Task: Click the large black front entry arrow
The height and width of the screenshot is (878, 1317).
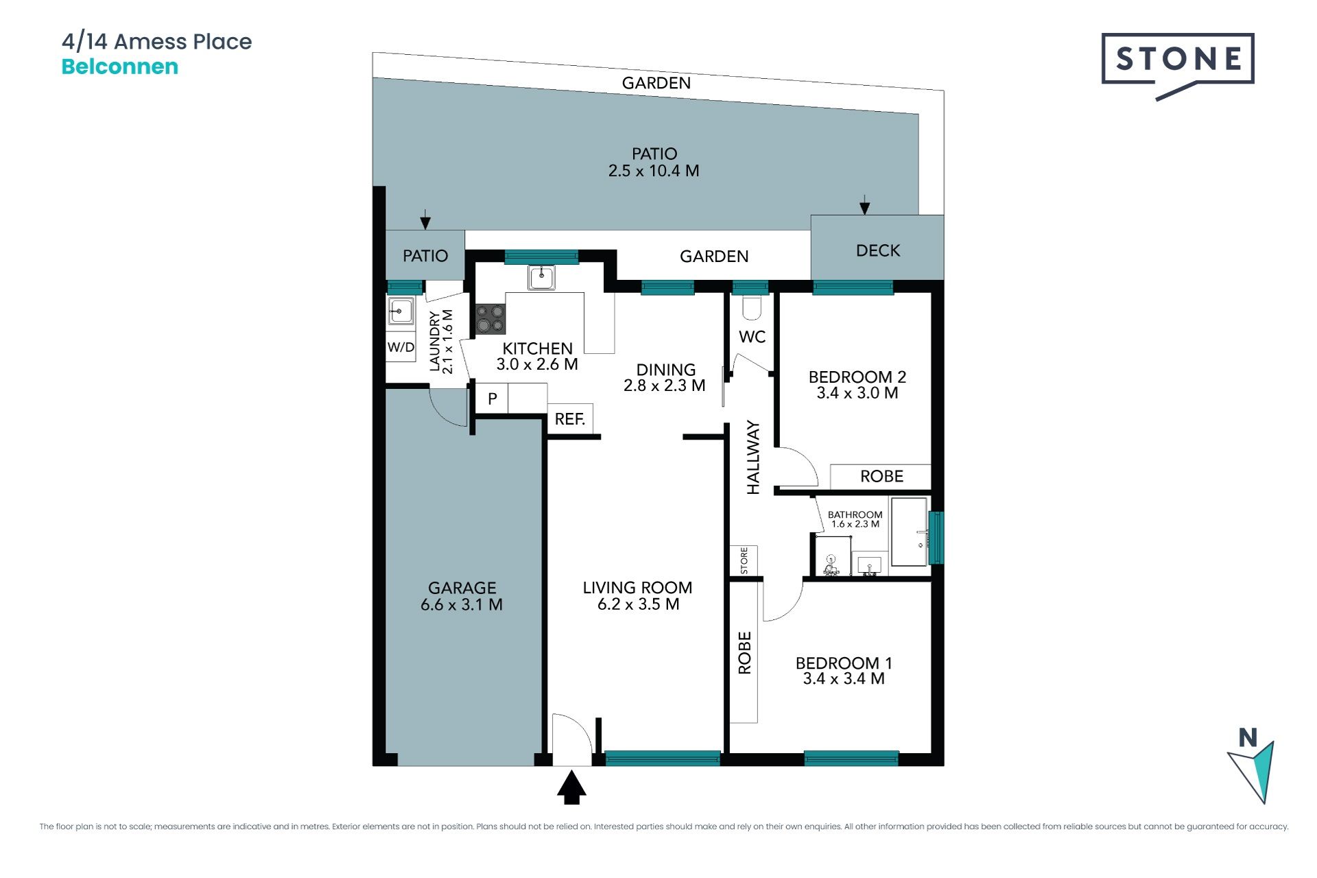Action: click(x=571, y=787)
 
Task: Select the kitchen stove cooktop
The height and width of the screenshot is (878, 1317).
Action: click(x=490, y=319)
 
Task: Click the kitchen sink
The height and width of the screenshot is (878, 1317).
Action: click(x=542, y=277)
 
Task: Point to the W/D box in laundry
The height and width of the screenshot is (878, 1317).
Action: click(x=401, y=347)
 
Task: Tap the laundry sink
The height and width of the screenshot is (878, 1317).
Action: click(x=401, y=311)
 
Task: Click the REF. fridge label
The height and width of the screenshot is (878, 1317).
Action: click(x=570, y=418)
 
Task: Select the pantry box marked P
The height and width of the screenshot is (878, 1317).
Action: click(x=492, y=399)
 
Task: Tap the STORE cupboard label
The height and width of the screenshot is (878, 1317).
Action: click(x=744, y=560)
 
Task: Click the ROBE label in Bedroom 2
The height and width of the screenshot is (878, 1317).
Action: click(x=881, y=476)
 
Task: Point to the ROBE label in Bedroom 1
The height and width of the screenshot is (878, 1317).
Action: click(x=744, y=652)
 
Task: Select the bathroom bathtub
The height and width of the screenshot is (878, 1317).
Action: click(x=909, y=532)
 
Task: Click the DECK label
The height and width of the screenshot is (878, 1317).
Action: click(x=878, y=251)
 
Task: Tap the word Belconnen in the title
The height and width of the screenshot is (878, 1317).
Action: click(x=120, y=67)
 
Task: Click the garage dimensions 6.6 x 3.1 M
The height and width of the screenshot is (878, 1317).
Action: click(x=462, y=605)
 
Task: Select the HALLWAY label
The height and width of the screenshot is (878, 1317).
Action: click(x=753, y=458)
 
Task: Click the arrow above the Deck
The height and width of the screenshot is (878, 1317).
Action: click(x=865, y=204)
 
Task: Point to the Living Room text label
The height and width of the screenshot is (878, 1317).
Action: click(x=637, y=588)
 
